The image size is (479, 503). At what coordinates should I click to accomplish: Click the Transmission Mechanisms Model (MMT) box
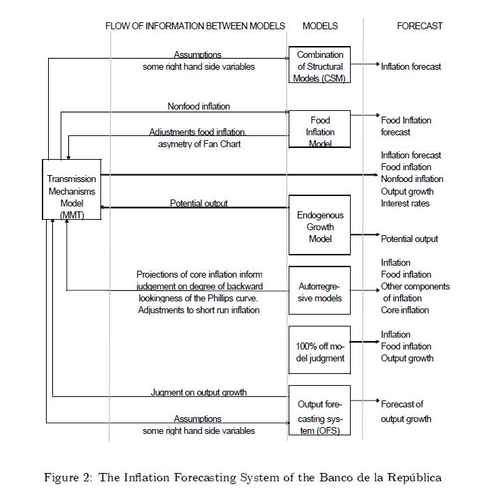[x=71, y=188]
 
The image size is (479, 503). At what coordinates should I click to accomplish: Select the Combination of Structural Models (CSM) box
[x=320, y=66]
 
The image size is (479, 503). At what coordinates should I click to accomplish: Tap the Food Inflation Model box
[x=320, y=130]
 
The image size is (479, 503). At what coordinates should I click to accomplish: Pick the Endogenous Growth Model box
[x=320, y=226]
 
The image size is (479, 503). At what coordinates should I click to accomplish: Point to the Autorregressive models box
[x=320, y=292]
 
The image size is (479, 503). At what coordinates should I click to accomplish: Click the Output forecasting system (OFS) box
[x=320, y=417]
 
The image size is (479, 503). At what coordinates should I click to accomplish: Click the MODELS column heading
[x=320, y=26]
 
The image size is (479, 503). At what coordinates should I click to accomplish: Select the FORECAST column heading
[x=420, y=26]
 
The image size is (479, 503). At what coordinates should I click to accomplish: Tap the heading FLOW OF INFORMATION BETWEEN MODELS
[x=195, y=26]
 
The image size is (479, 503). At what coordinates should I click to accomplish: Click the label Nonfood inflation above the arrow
[x=199, y=107]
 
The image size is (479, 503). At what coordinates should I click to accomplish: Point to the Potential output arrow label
[x=199, y=204]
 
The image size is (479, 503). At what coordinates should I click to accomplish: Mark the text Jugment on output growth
[x=199, y=392]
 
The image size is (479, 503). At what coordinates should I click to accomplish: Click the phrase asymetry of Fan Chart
[x=199, y=144]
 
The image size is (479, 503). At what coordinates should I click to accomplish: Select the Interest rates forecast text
[x=405, y=204]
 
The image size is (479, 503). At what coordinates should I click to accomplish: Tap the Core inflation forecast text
[x=405, y=310]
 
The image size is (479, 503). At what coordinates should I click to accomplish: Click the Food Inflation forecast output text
[x=406, y=126]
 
